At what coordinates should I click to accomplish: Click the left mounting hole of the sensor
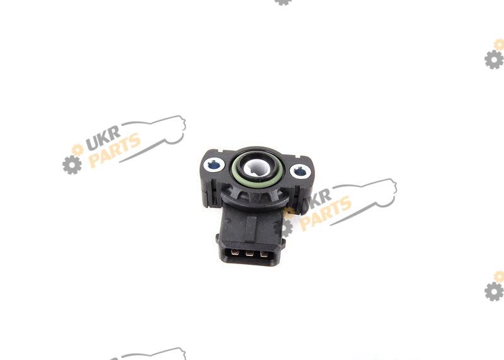(214, 165)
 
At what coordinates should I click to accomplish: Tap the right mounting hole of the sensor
(300, 171)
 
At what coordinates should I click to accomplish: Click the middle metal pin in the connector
(249, 253)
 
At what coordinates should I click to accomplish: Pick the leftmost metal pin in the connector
(235, 252)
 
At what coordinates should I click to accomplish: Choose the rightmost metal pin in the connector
(264, 255)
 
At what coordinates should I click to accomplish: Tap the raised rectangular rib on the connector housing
(250, 229)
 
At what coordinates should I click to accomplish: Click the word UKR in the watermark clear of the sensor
(103, 137)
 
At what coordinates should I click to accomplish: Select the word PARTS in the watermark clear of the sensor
(115, 151)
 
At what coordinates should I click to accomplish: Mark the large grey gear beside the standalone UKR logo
(72, 165)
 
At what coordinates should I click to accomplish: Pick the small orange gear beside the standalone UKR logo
(77, 150)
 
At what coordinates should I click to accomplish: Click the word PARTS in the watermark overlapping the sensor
(326, 214)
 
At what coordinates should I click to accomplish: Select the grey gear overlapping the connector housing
(283, 228)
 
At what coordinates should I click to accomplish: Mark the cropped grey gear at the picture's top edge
(283, 2)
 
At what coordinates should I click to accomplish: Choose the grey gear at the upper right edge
(494, 59)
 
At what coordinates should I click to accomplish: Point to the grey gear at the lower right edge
(494, 291)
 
